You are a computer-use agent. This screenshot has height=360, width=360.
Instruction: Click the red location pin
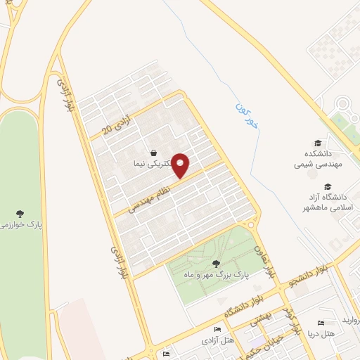[181, 165]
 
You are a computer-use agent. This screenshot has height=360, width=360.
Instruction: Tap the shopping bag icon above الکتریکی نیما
[153, 152]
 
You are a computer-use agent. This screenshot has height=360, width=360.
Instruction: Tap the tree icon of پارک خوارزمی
[20, 213]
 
